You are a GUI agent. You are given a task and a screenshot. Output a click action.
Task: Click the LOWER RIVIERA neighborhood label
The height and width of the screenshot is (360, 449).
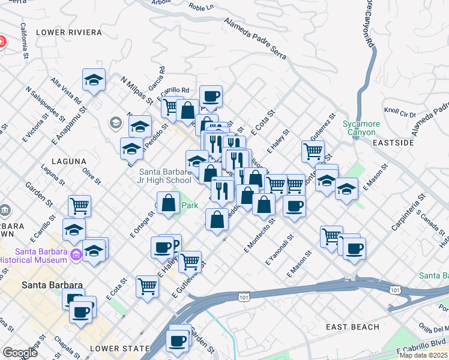[x=65, y=32]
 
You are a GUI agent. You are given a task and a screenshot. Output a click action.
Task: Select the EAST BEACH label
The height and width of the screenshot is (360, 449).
[x=352, y=327]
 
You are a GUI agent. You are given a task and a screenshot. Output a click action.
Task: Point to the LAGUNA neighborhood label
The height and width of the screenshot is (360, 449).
[x=69, y=161]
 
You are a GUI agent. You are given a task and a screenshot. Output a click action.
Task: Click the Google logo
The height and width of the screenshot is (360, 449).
[x=20, y=353]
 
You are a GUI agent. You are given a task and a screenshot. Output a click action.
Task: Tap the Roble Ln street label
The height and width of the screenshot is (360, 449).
[x=201, y=8]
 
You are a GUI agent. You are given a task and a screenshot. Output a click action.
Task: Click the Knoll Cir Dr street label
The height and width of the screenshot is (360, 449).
[x=400, y=112]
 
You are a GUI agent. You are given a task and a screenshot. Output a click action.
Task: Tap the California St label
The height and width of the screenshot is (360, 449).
[x=25, y=41]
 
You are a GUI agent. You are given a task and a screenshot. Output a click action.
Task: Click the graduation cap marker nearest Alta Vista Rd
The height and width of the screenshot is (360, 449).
[x=94, y=79]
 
